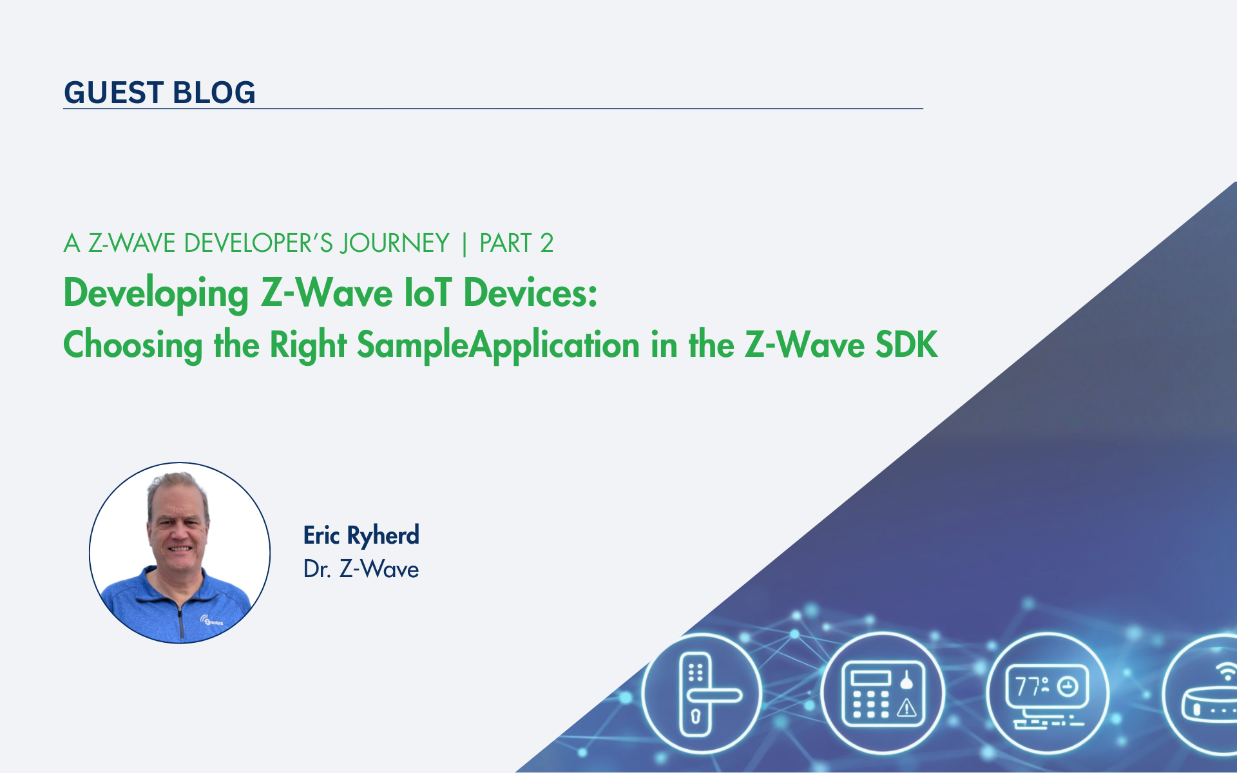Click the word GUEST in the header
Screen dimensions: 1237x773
[113, 93]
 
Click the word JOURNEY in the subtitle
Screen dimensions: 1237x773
[395, 243]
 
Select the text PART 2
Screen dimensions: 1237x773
[517, 243]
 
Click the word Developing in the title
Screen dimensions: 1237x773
[156, 294]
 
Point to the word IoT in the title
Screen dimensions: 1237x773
[428, 292]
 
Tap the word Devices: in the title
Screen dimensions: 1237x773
[531, 292]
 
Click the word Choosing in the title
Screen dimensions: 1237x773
[133, 345]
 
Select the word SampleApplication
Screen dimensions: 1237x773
[498, 345]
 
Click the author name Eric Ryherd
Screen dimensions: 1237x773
[361, 536]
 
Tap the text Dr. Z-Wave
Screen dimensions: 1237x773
[361, 569]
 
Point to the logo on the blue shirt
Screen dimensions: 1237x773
[212, 621]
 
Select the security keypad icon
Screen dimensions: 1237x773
[882, 694]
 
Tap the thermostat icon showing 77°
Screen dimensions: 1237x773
[1047, 694]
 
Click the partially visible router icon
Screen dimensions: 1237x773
[1202, 694]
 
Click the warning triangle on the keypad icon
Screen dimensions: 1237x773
[907, 708]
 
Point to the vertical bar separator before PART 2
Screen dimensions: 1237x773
[465, 244]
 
